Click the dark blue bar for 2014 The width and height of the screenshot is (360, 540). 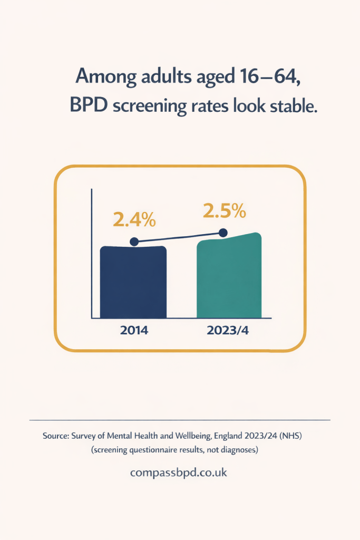pos(133,282)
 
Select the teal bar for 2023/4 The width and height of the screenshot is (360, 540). pos(229,278)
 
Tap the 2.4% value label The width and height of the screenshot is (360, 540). pos(134,219)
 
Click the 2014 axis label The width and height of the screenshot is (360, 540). pos(134,331)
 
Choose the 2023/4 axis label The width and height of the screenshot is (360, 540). pos(227,331)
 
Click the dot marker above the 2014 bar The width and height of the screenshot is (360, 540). pos(134,242)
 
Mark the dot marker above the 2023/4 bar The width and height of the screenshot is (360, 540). pos(223,233)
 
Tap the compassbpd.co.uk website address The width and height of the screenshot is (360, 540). pos(179,472)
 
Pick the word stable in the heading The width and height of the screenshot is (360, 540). pos(292,106)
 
